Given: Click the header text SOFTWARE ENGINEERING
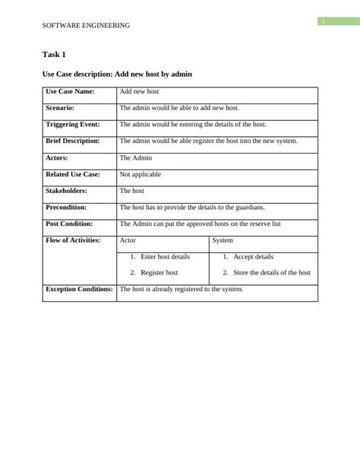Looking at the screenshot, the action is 86,25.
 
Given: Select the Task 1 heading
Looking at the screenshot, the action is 55,55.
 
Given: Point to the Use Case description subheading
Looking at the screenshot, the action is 116,74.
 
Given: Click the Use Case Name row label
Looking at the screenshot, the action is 70,91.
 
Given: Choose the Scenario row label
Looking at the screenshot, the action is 60,108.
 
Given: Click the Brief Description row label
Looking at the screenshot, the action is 73,141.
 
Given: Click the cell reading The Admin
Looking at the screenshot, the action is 136,157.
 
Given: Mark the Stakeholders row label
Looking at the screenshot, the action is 66,191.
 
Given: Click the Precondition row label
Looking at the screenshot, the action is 66,207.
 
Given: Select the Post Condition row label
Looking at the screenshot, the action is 69,223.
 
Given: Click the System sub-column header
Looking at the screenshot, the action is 223,240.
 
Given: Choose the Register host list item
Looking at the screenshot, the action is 159,272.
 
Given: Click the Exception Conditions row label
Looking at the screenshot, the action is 79,290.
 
